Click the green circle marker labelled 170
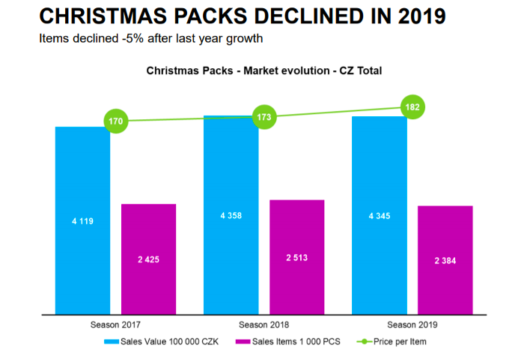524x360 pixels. pyautogui.click(x=117, y=120)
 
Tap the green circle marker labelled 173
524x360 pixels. pyautogui.click(x=264, y=117)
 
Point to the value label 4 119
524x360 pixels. pyautogui.click(x=82, y=221)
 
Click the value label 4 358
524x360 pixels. pyautogui.click(x=231, y=216)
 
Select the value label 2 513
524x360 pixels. pyautogui.click(x=296, y=257)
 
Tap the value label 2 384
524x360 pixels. pyautogui.click(x=445, y=260)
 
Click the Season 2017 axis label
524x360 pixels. pyautogui.click(x=115, y=325)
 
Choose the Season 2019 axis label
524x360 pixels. pyautogui.click(x=412, y=325)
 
